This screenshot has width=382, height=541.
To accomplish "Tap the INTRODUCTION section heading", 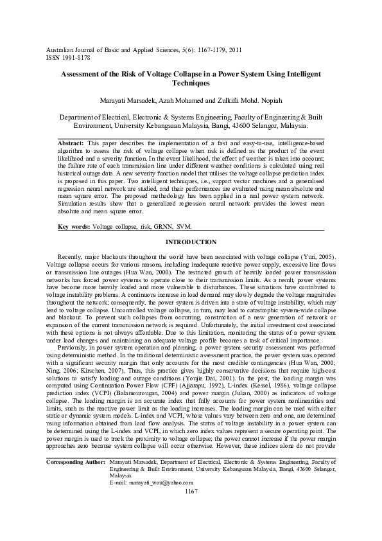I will [x=191, y=242].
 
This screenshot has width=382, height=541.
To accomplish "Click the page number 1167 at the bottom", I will [x=191, y=528].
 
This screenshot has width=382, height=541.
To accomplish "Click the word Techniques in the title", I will [x=191, y=84].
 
